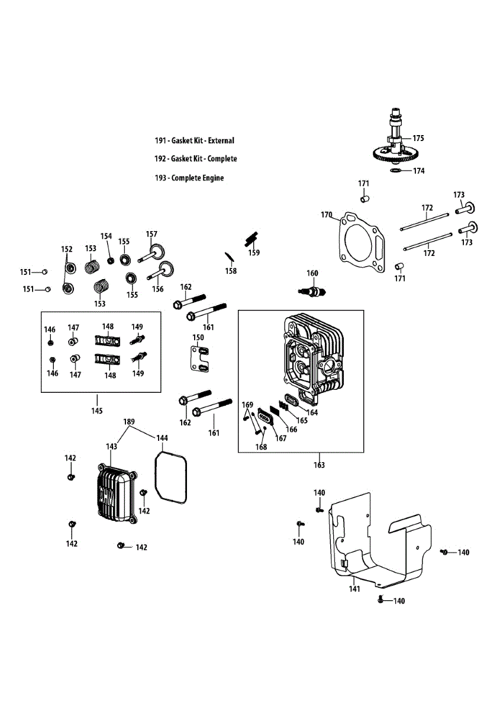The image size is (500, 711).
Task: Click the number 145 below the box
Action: click(x=97, y=411)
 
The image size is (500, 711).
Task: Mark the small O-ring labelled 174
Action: click(x=396, y=171)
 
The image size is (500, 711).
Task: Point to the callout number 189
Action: click(x=129, y=421)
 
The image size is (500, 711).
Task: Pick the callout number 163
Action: click(x=319, y=465)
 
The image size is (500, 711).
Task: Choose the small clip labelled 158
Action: click(x=229, y=257)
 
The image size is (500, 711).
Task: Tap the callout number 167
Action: click(x=281, y=438)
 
